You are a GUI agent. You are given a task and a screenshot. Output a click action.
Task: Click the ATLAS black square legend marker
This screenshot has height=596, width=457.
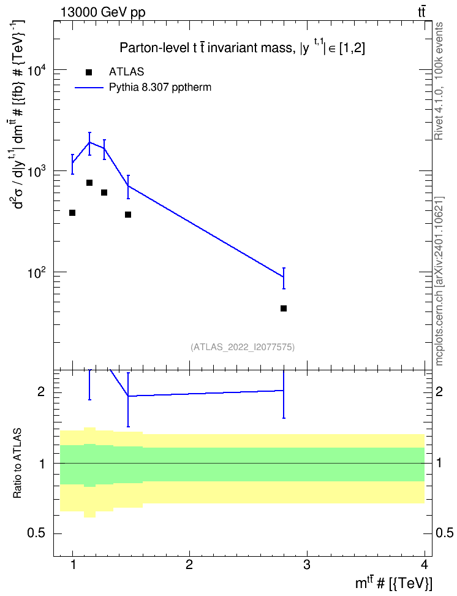pos(89,72)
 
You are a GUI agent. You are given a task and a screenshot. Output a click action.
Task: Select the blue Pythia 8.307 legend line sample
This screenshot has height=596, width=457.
pos(89,88)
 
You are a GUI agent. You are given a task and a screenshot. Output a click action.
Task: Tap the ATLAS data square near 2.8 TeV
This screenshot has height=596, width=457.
pos(284,308)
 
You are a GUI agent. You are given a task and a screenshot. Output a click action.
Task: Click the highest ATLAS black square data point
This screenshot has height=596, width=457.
pos(89,183)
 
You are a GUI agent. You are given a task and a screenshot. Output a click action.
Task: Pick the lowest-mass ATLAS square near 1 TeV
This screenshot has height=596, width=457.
pos(72,213)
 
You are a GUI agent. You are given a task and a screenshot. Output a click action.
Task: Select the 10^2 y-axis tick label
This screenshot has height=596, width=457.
pos(37,272)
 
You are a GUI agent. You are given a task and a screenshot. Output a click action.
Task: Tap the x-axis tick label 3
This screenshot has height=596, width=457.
pos(306,565)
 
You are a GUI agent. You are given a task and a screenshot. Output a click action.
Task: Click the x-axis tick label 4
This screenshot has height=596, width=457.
pos(424,565)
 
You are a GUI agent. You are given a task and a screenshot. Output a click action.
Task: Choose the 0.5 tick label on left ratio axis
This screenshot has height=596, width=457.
pos(37,533)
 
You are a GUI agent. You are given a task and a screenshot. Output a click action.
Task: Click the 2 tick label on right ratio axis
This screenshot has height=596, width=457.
pos(439,392)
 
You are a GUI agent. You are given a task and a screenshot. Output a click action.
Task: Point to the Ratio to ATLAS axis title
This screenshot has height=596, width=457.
pos(17,464)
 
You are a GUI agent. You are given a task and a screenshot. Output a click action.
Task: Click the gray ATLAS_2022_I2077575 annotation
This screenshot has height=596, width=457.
pos(243,347)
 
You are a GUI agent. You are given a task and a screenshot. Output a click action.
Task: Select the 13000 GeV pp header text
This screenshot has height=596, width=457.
pos(103,12)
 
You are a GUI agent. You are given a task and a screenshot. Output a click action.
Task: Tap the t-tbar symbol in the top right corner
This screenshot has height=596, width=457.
pos(421,12)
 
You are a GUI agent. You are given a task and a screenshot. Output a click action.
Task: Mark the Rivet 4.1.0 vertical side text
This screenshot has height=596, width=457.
pos(439,81)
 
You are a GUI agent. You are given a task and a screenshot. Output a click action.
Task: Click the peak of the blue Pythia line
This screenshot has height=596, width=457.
pos(89,142)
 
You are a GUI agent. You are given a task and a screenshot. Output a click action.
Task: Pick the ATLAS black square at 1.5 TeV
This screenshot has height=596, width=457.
pos(128,215)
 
